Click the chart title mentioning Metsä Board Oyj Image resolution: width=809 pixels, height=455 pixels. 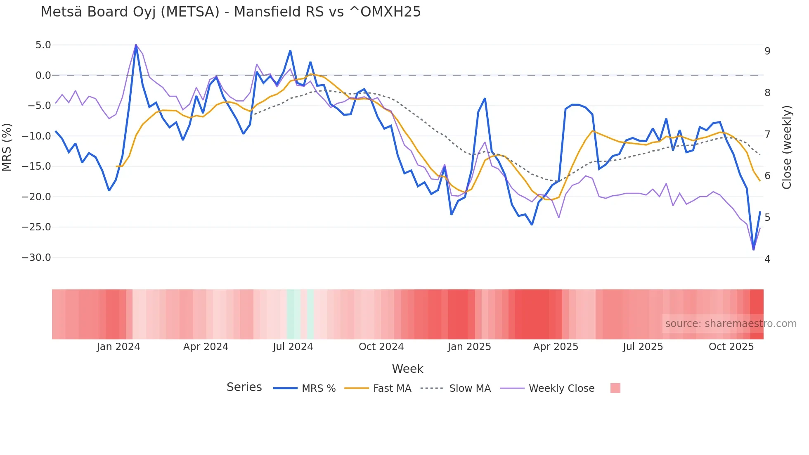[231, 12]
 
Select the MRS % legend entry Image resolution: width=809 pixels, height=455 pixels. [305, 389]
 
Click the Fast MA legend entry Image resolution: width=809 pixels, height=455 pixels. [378, 389]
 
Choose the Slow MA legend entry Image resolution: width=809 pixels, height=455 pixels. [456, 389]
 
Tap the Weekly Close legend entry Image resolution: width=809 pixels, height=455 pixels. [547, 389]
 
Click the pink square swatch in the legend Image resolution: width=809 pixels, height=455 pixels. [615, 388]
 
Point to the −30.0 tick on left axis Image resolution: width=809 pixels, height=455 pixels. [36, 258]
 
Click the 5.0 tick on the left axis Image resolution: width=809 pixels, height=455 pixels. [43, 45]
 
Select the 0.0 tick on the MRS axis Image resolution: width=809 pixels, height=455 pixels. [43, 76]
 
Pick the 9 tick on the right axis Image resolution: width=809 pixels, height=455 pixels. [767, 51]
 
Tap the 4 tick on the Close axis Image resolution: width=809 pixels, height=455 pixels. [767, 259]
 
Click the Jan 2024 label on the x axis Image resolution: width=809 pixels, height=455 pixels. [118, 347]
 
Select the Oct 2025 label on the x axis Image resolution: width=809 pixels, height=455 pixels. [731, 347]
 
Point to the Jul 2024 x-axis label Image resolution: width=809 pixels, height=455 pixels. [293, 347]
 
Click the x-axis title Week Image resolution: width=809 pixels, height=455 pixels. [407, 369]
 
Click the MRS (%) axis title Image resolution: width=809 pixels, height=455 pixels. [7, 147]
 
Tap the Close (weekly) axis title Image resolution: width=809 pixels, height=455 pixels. [787, 147]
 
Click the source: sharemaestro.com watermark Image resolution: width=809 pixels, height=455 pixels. [731, 324]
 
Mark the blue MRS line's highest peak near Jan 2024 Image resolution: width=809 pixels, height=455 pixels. [136, 45]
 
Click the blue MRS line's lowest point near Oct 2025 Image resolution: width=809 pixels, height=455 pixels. [753, 249]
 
